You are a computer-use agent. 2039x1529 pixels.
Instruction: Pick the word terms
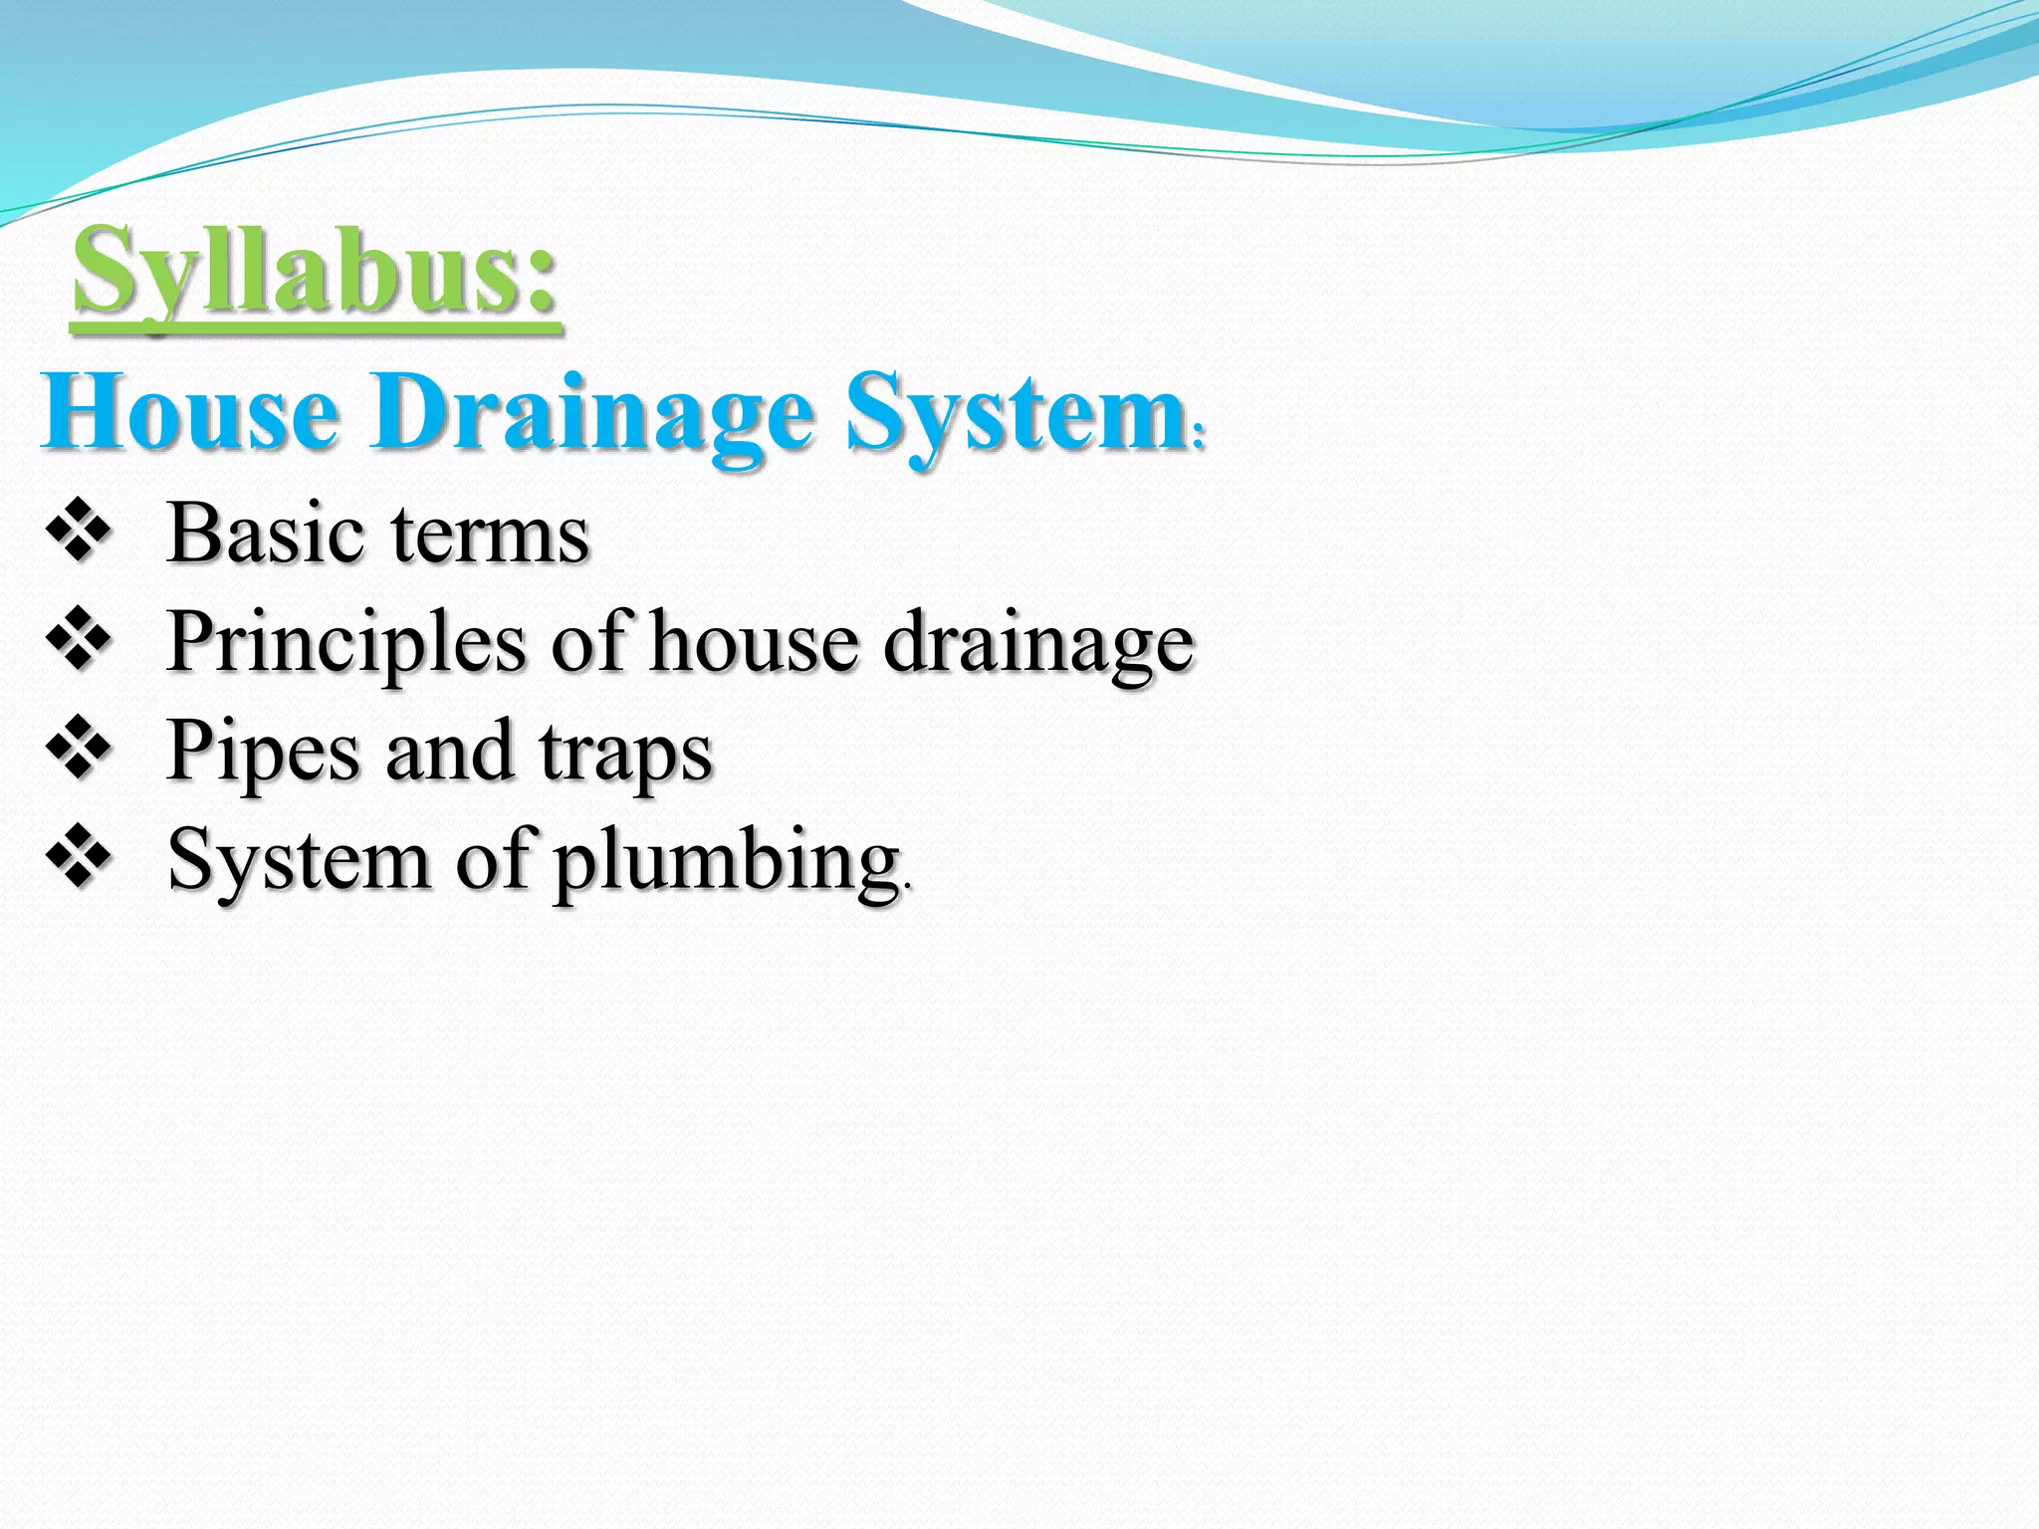pyautogui.click(x=490, y=536)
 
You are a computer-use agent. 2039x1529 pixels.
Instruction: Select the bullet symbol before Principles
pyautogui.click(x=78, y=641)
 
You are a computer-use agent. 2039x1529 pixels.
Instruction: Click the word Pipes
pyautogui.click(x=264, y=753)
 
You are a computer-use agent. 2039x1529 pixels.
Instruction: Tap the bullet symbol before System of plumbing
pyautogui.click(x=78, y=858)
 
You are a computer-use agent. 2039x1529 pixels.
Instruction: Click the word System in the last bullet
pyautogui.click(x=298, y=860)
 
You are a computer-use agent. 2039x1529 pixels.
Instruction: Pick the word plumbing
pyautogui.click(x=727, y=862)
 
